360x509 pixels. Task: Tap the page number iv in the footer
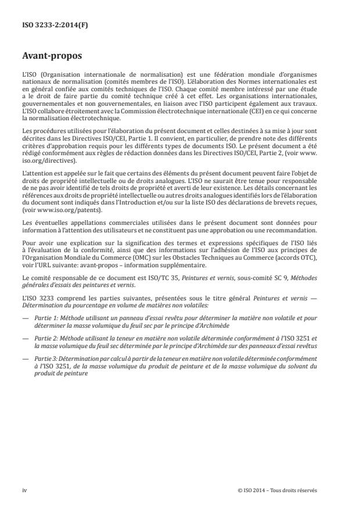tap(25, 490)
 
